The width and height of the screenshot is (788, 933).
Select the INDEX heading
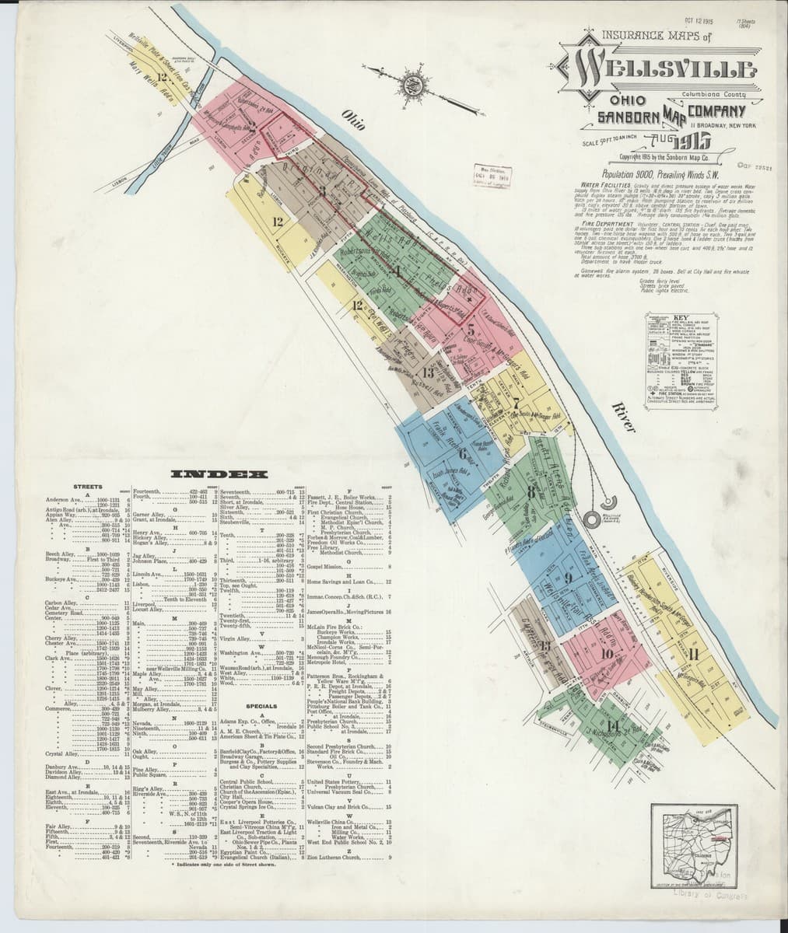point(219,473)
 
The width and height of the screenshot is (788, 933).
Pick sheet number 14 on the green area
point(614,725)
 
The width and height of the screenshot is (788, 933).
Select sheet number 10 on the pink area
point(607,654)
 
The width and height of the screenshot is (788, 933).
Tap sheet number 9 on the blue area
point(568,577)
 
